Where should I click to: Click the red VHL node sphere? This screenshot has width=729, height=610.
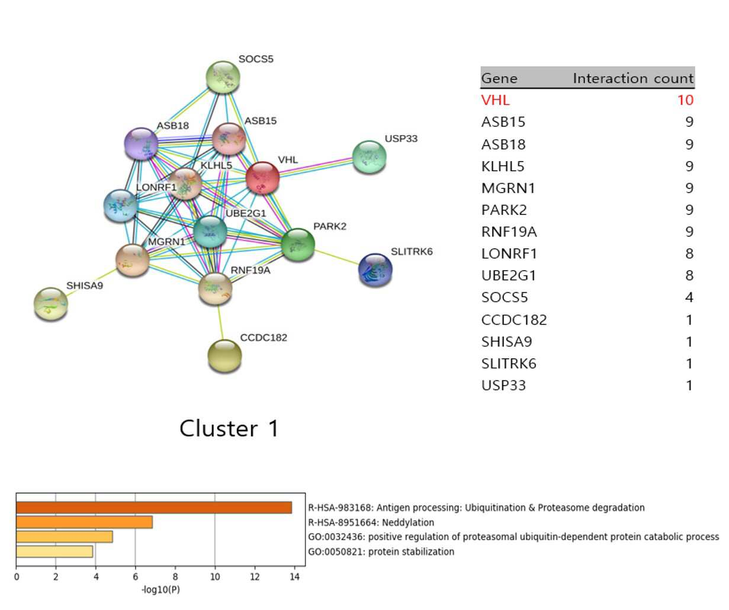(262, 178)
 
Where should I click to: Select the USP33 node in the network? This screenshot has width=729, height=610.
(370, 157)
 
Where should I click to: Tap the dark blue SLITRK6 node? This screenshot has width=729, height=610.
(375, 270)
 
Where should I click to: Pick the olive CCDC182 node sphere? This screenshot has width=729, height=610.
(224, 356)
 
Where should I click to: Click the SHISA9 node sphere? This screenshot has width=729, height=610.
(51, 304)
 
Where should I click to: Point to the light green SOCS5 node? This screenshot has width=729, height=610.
(223, 77)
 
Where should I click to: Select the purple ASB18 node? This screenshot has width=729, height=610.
(142, 143)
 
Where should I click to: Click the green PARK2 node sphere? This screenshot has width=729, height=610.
(298, 245)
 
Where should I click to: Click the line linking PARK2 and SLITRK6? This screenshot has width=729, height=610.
(336, 258)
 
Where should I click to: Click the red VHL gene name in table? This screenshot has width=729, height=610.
(495, 101)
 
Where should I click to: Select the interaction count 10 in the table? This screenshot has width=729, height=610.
(685, 101)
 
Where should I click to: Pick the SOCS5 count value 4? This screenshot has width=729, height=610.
(689, 297)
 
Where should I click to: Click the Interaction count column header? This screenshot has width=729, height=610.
(633, 78)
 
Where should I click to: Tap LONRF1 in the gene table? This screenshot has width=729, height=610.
(509, 254)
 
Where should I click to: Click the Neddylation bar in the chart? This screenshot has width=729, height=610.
(84, 522)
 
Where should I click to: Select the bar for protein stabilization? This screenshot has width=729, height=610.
(54, 551)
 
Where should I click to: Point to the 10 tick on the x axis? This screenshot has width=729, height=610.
(215, 576)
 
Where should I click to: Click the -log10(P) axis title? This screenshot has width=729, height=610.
(160, 590)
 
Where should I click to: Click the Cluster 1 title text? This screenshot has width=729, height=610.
(229, 428)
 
